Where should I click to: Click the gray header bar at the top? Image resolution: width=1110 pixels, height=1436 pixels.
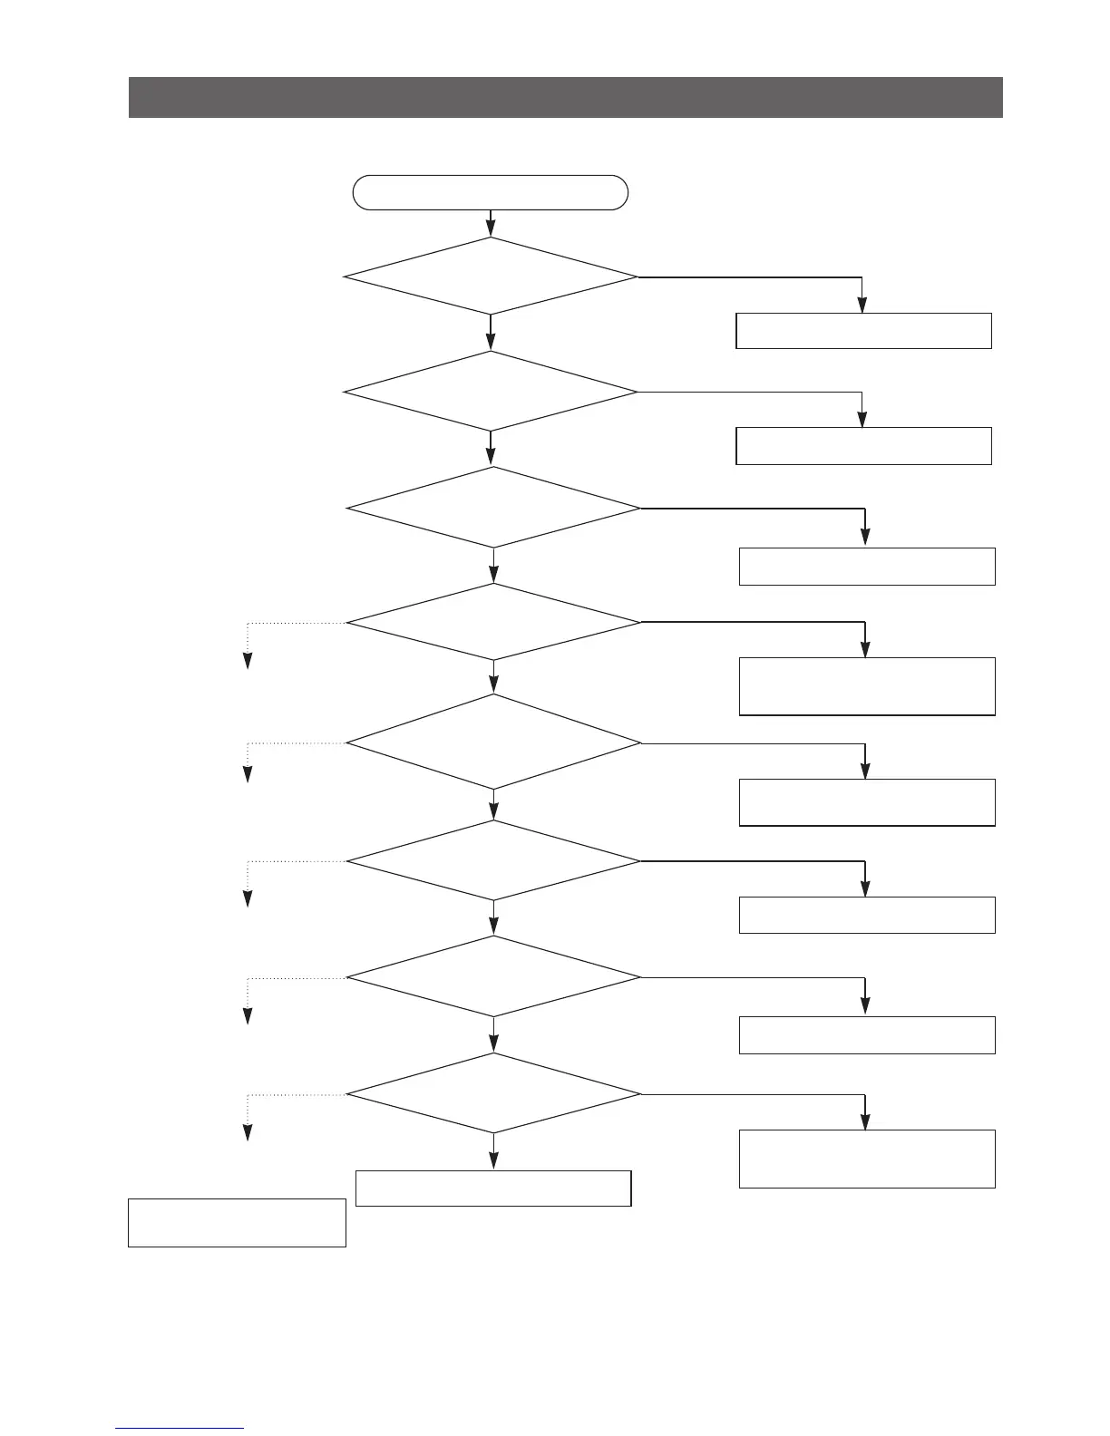[565, 97]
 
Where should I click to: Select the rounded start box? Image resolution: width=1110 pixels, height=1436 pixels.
[490, 192]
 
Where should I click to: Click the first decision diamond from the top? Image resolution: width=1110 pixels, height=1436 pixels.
[491, 277]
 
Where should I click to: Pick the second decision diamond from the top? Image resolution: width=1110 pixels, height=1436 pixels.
[491, 392]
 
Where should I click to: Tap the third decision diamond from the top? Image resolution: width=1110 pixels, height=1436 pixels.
[493, 508]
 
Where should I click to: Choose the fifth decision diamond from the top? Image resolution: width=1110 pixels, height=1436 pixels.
[493, 742]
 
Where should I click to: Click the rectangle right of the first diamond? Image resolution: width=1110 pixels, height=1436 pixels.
[863, 331]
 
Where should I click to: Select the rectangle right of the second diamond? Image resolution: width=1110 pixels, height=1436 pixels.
[863, 446]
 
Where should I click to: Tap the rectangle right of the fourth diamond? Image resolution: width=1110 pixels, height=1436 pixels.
[867, 686]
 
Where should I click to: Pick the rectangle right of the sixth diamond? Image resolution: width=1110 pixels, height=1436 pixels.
[867, 915]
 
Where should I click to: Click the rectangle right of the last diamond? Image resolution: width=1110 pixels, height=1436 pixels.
[867, 1159]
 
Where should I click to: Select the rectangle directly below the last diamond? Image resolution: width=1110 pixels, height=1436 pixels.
[493, 1189]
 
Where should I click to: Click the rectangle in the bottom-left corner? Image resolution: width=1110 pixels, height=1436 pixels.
[237, 1223]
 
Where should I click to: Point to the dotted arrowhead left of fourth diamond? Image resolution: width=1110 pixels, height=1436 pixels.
[247, 661]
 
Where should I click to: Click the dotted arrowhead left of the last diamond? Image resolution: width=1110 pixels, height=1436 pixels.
[247, 1132]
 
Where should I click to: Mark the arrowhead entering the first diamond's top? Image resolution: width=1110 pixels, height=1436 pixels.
[491, 230]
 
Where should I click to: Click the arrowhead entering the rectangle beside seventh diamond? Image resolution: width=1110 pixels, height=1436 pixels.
[865, 1006]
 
